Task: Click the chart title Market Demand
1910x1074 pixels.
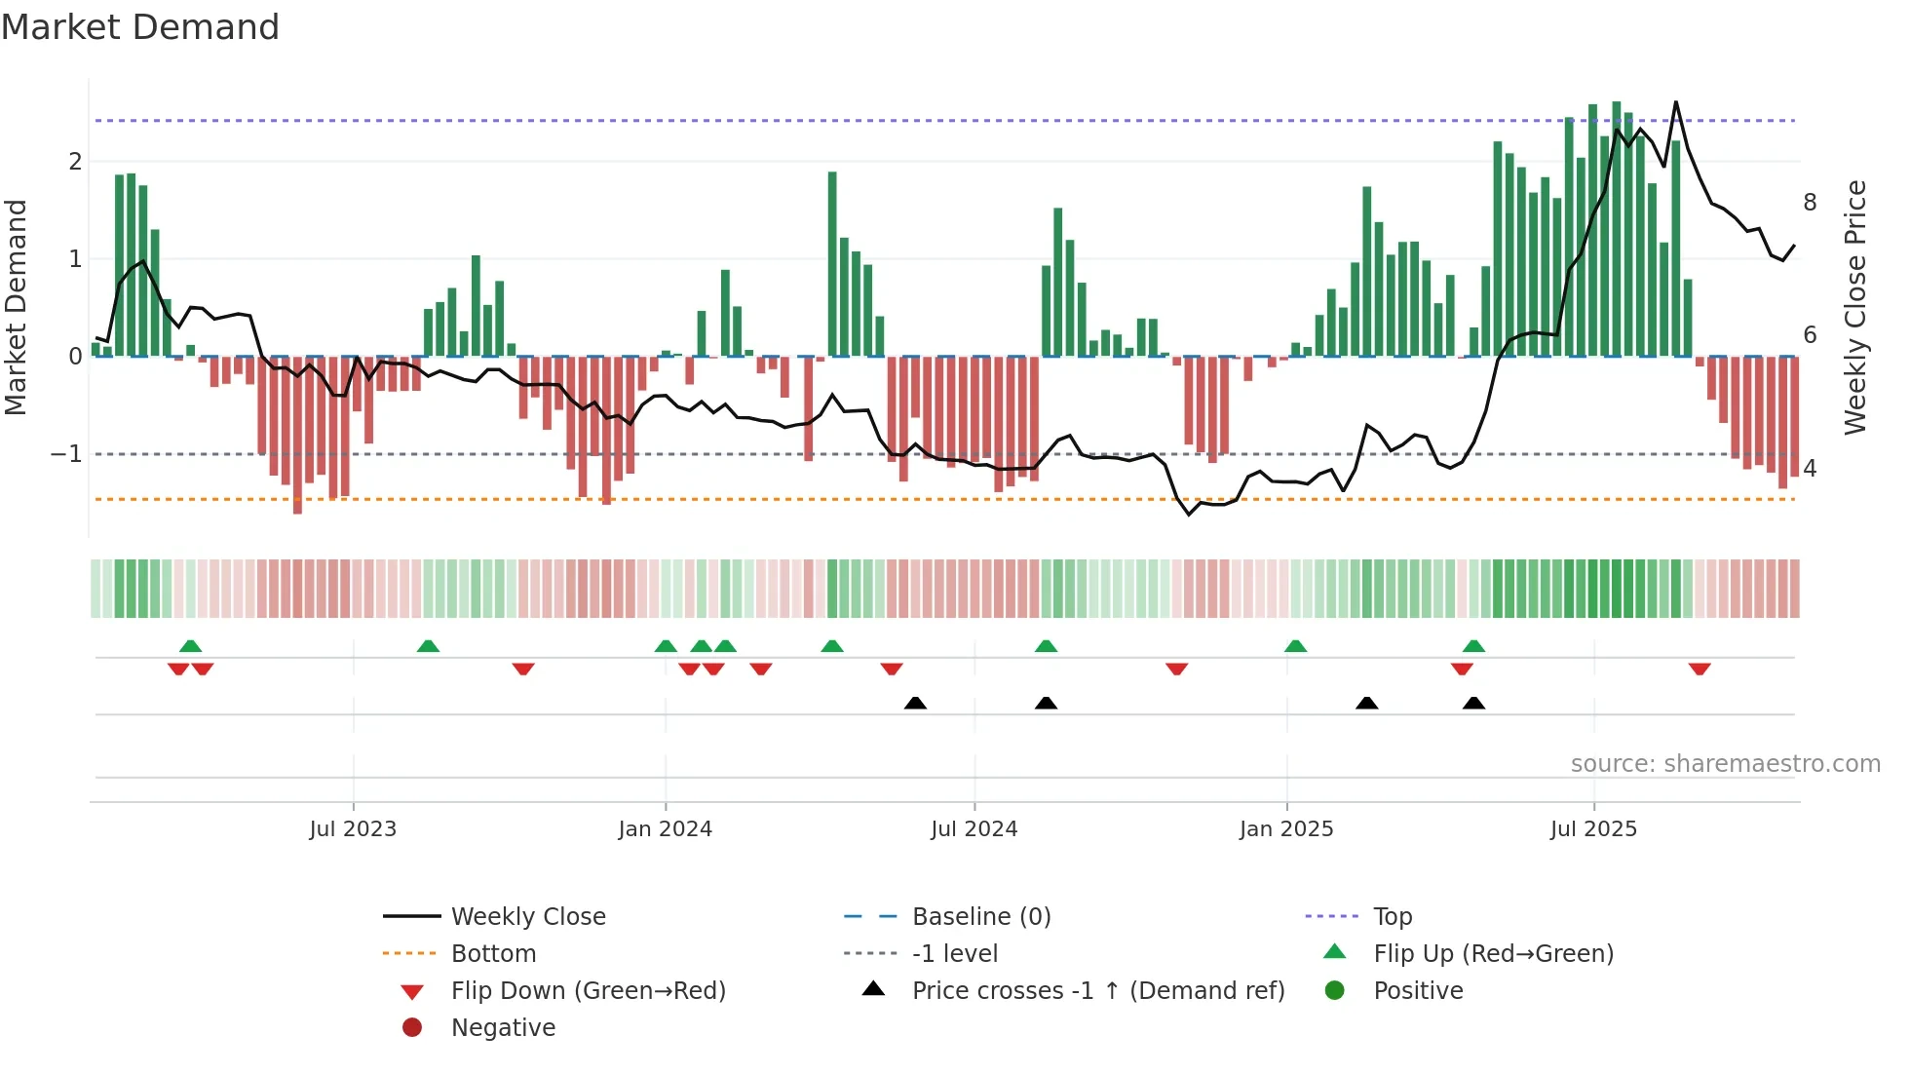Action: pyautogui.click(x=140, y=27)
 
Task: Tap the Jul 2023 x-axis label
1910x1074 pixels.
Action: pyautogui.click(x=353, y=829)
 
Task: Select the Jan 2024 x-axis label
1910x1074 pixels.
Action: pyautogui.click(x=665, y=829)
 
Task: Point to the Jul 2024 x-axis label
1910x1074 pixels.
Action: pyautogui.click(x=974, y=829)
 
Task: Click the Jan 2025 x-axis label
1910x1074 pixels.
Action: pyautogui.click(x=1286, y=829)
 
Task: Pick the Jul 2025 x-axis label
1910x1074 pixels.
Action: pyautogui.click(x=1593, y=829)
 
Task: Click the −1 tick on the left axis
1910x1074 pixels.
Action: pyautogui.click(x=66, y=454)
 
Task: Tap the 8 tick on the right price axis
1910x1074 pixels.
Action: pyautogui.click(x=1810, y=203)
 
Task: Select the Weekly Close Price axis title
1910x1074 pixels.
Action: pyautogui.click(x=1855, y=307)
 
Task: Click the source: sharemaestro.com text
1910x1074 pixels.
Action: pyautogui.click(x=1725, y=764)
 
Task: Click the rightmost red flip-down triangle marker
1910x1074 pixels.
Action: pyautogui.click(x=1700, y=669)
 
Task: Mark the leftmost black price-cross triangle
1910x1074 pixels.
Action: pyautogui.click(x=915, y=703)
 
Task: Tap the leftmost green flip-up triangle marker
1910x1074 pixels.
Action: pyautogui.click(x=191, y=646)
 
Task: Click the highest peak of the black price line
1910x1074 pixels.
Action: pyautogui.click(x=1676, y=101)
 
